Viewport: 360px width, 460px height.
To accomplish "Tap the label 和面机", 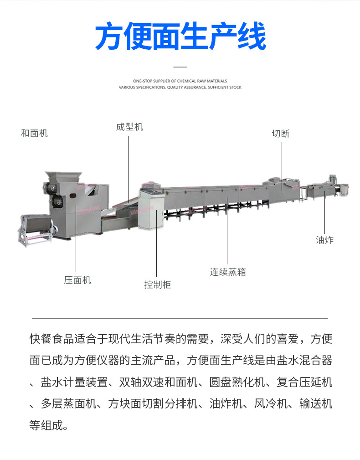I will point(34,133).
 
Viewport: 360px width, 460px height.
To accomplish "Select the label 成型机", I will point(129,127).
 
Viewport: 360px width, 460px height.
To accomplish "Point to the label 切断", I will point(281,134).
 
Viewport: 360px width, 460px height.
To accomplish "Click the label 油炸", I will point(324,240).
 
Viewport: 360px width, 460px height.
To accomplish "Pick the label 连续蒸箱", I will point(228,272).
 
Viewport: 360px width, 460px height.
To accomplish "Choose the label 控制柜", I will point(157,285).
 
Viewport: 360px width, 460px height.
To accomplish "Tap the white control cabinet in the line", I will point(152,210).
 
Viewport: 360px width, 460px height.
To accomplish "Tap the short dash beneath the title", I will point(180,67).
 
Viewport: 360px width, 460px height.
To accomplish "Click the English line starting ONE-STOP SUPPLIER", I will point(180,81).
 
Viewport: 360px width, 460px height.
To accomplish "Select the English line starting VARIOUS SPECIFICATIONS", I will point(180,87).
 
